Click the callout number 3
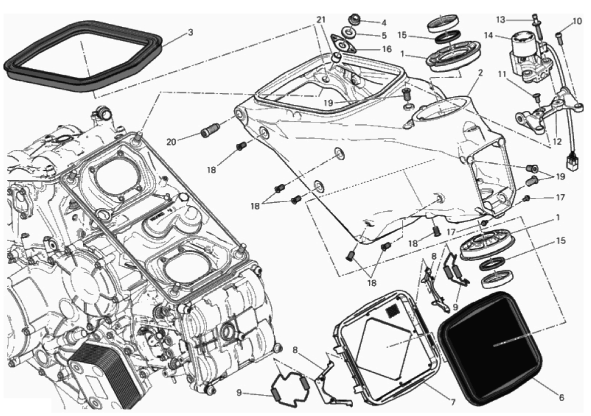pyautogui.click(x=190, y=33)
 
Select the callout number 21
pyautogui.click(x=321, y=20)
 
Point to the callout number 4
pyautogui.click(x=383, y=22)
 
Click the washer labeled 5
pyautogui.click(x=350, y=33)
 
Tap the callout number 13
pyautogui.click(x=500, y=19)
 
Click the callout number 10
pyautogui.click(x=577, y=21)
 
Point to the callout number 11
pyautogui.click(x=501, y=74)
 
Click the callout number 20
pyautogui.click(x=171, y=142)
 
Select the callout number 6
pyautogui.click(x=561, y=398)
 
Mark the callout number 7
pyautogui.click(x=453, y=402)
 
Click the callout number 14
pyautogui.click(x=489, y=36)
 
